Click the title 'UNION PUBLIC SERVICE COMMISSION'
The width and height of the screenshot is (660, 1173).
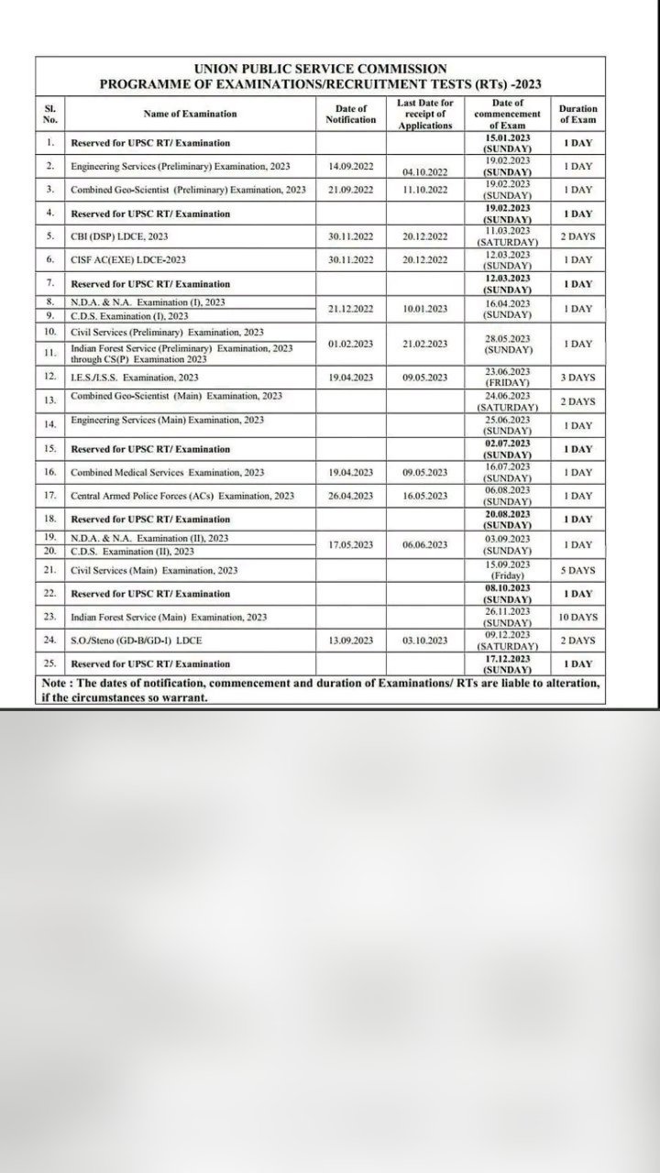point(321,69)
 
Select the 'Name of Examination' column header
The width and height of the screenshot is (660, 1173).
point(190,114)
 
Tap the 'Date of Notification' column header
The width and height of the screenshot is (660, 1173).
point(350,114)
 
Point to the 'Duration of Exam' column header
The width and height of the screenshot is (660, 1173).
point(577,114)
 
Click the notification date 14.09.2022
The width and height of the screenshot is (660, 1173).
point(350,167)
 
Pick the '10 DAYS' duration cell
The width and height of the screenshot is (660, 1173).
point(577,618)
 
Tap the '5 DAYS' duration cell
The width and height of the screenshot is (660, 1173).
point(577,570)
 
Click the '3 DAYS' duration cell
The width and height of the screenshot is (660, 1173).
point(577,378)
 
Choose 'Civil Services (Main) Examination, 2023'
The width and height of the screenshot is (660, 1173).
point(154,570)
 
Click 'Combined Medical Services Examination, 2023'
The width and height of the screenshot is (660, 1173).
point(168,473)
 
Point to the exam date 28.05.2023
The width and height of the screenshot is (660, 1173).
point(508,339)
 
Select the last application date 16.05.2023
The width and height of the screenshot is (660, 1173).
point(424,496)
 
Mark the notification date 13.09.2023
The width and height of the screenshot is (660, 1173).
point(350,641)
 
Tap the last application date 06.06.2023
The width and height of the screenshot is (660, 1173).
point(424,545)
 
